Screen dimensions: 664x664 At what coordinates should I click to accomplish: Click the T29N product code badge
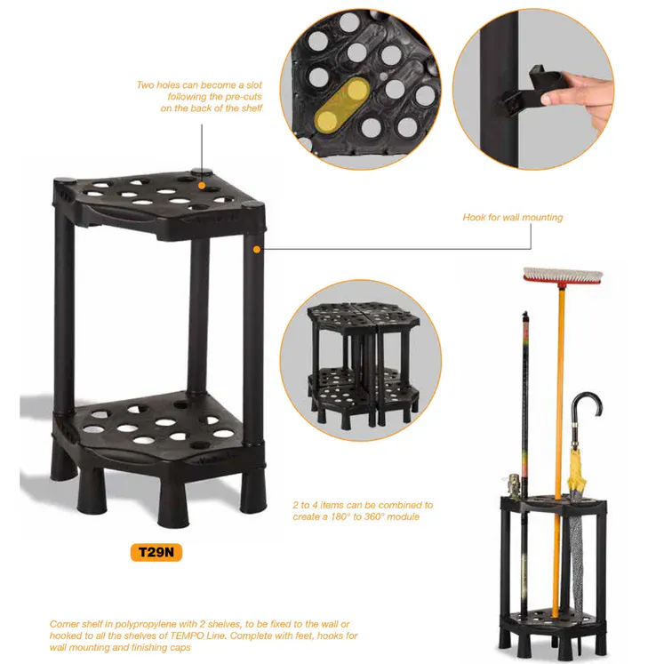(156, 552)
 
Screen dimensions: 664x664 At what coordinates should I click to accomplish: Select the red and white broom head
(563, 276)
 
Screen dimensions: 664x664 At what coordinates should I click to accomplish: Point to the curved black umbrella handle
(586, 406)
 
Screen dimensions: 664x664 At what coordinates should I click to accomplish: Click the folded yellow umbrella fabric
(578, 469)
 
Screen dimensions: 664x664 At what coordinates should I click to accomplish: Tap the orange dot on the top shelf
(202, 186)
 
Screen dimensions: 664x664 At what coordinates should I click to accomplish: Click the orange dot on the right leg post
(257, 250)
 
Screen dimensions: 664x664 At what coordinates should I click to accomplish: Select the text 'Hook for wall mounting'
(513, 217)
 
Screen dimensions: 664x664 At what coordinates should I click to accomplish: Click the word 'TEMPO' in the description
(187, 636)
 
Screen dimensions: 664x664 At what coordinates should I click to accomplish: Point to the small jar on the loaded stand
(514, 485)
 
